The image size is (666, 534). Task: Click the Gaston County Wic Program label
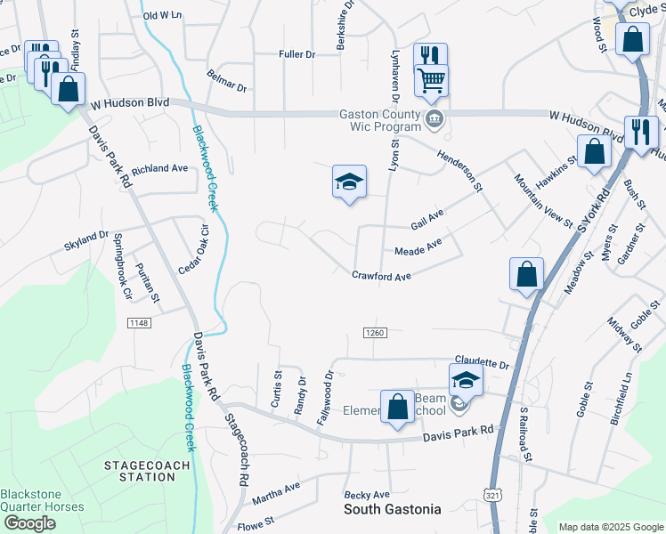pos(379,121)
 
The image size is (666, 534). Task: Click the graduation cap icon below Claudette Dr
pos(465,381)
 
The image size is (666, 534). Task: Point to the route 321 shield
pos(492,493)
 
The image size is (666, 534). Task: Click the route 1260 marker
pos(374,332)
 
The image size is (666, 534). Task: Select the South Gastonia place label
pos(392,510)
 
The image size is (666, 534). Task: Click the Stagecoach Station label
pos(140,471)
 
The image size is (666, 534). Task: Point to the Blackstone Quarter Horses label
pos(42,501)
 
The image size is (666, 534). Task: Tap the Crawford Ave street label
pos(381,277)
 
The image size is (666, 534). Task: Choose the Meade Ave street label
pos(418,246)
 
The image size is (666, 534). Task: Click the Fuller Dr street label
pos(296,55)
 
